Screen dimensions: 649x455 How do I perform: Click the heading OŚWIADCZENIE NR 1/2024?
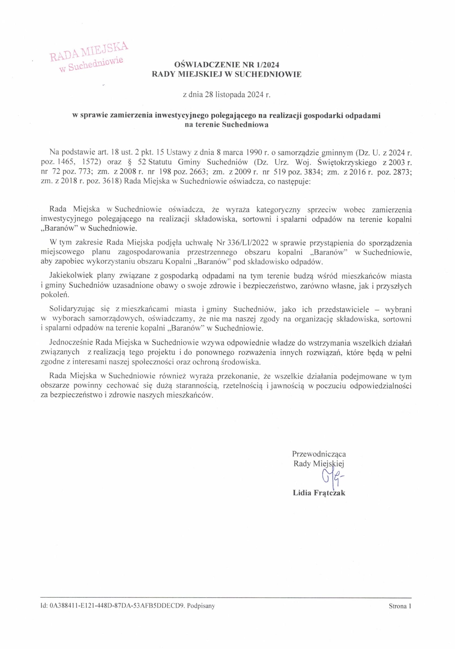227,65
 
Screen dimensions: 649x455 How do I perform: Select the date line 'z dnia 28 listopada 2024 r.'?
227,95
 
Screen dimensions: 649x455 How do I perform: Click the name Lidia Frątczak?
319,493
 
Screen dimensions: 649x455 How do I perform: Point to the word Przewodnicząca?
319,454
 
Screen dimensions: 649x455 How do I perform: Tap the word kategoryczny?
278,210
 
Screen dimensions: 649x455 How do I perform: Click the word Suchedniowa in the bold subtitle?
245,125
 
